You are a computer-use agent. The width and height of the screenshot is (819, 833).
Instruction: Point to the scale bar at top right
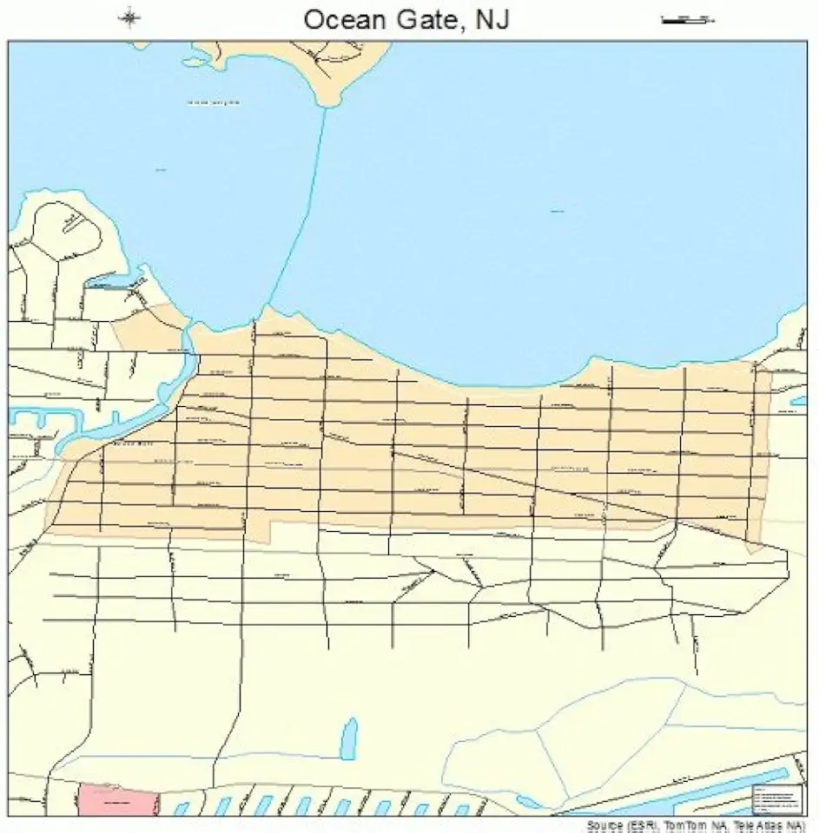coord(686,18)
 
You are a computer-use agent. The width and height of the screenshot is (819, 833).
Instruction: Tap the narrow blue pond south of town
coord(348,738)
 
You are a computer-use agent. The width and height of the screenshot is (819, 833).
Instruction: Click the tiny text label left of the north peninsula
coord(213,102)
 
